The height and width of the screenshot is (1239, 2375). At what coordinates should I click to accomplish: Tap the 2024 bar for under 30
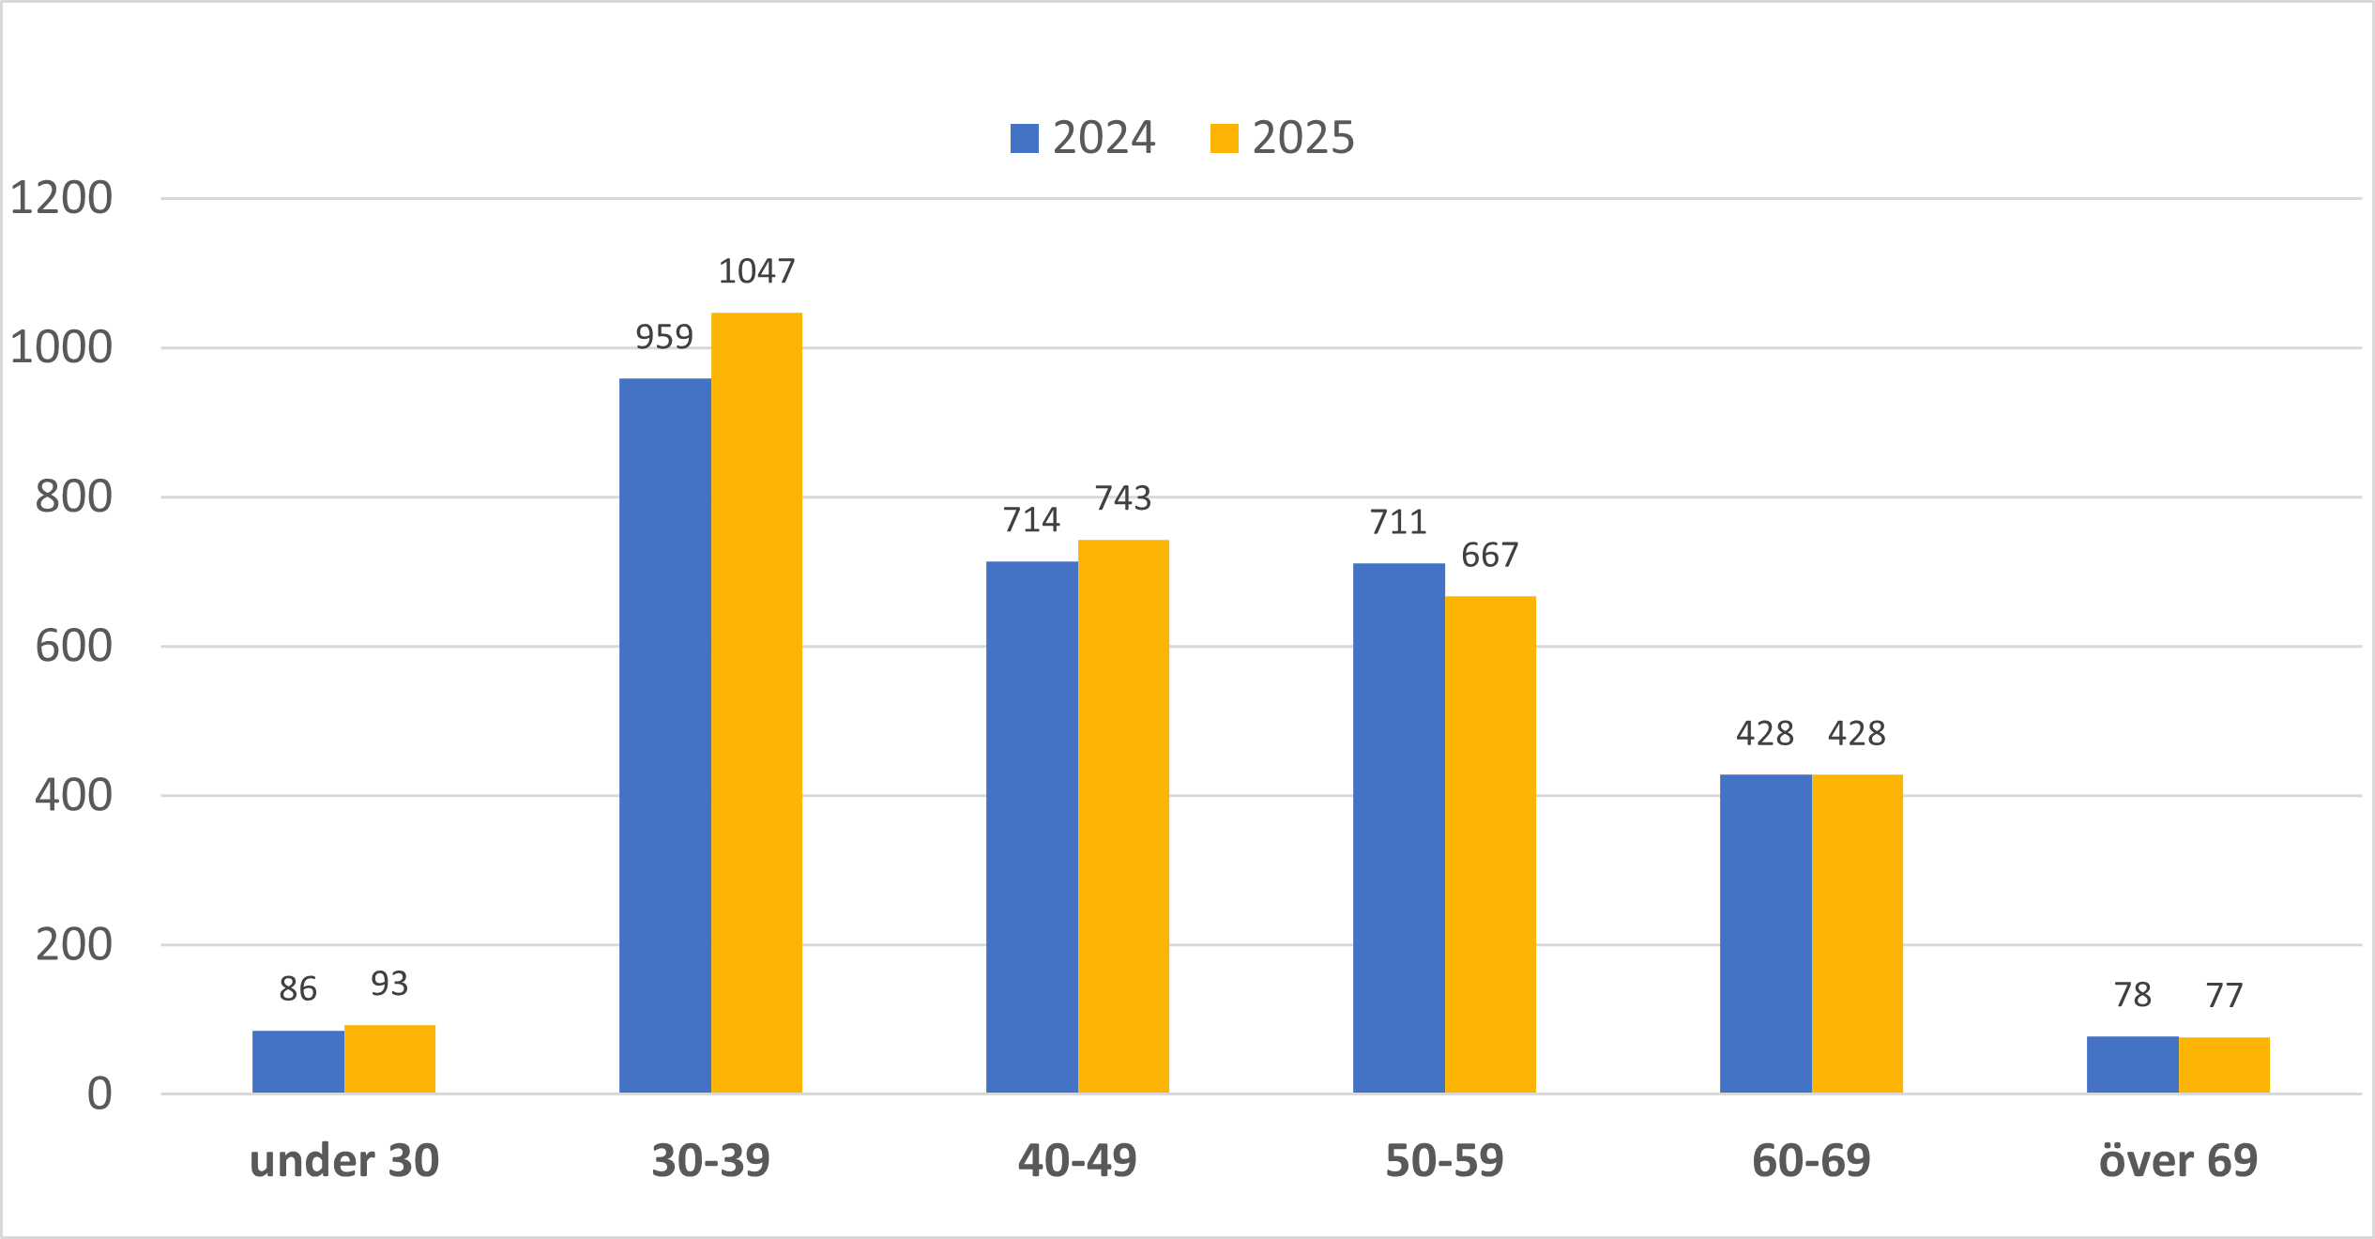pos(297,1062)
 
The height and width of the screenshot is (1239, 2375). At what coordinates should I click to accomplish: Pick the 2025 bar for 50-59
pos(1490,844)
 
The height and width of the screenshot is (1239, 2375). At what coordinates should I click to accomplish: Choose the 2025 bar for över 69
pos(2224,1064)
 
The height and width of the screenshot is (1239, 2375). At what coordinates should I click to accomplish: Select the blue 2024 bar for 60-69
pos(1765,933)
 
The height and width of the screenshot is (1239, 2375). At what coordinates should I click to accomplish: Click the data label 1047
pos(756,271)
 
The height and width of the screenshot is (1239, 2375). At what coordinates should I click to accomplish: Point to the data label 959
pos(664,337)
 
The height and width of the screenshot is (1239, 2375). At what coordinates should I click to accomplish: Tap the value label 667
pos(1490,556)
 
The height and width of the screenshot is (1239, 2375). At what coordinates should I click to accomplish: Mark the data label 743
pos(1123,498)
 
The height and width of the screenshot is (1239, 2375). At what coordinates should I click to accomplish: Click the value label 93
pos(389,984)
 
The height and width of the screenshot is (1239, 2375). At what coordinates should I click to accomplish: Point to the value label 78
pos(2132,995)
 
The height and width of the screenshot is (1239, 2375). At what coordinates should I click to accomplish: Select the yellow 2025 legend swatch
pos(1224,138)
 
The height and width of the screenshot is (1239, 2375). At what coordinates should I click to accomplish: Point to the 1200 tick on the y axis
pos(61,198)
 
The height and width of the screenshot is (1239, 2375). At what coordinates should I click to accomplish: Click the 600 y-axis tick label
pos(73,647)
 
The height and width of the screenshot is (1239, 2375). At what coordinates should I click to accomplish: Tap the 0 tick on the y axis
pos(99,1094)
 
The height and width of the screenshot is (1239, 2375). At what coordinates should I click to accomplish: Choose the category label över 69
pos(2178,1162)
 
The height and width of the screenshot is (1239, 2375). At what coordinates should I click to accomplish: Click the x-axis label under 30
pos(344,1162)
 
